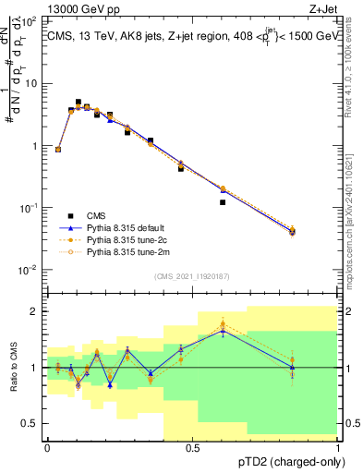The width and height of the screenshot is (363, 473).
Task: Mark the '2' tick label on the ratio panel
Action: coord(35,311)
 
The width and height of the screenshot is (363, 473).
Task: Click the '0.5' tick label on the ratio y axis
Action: coord(30,423)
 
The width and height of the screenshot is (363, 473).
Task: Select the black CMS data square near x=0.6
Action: coord(223,202)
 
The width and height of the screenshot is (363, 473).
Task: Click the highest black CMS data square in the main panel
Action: coord(78,102)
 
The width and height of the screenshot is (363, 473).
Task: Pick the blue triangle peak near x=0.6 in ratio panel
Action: coord(223,331)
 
